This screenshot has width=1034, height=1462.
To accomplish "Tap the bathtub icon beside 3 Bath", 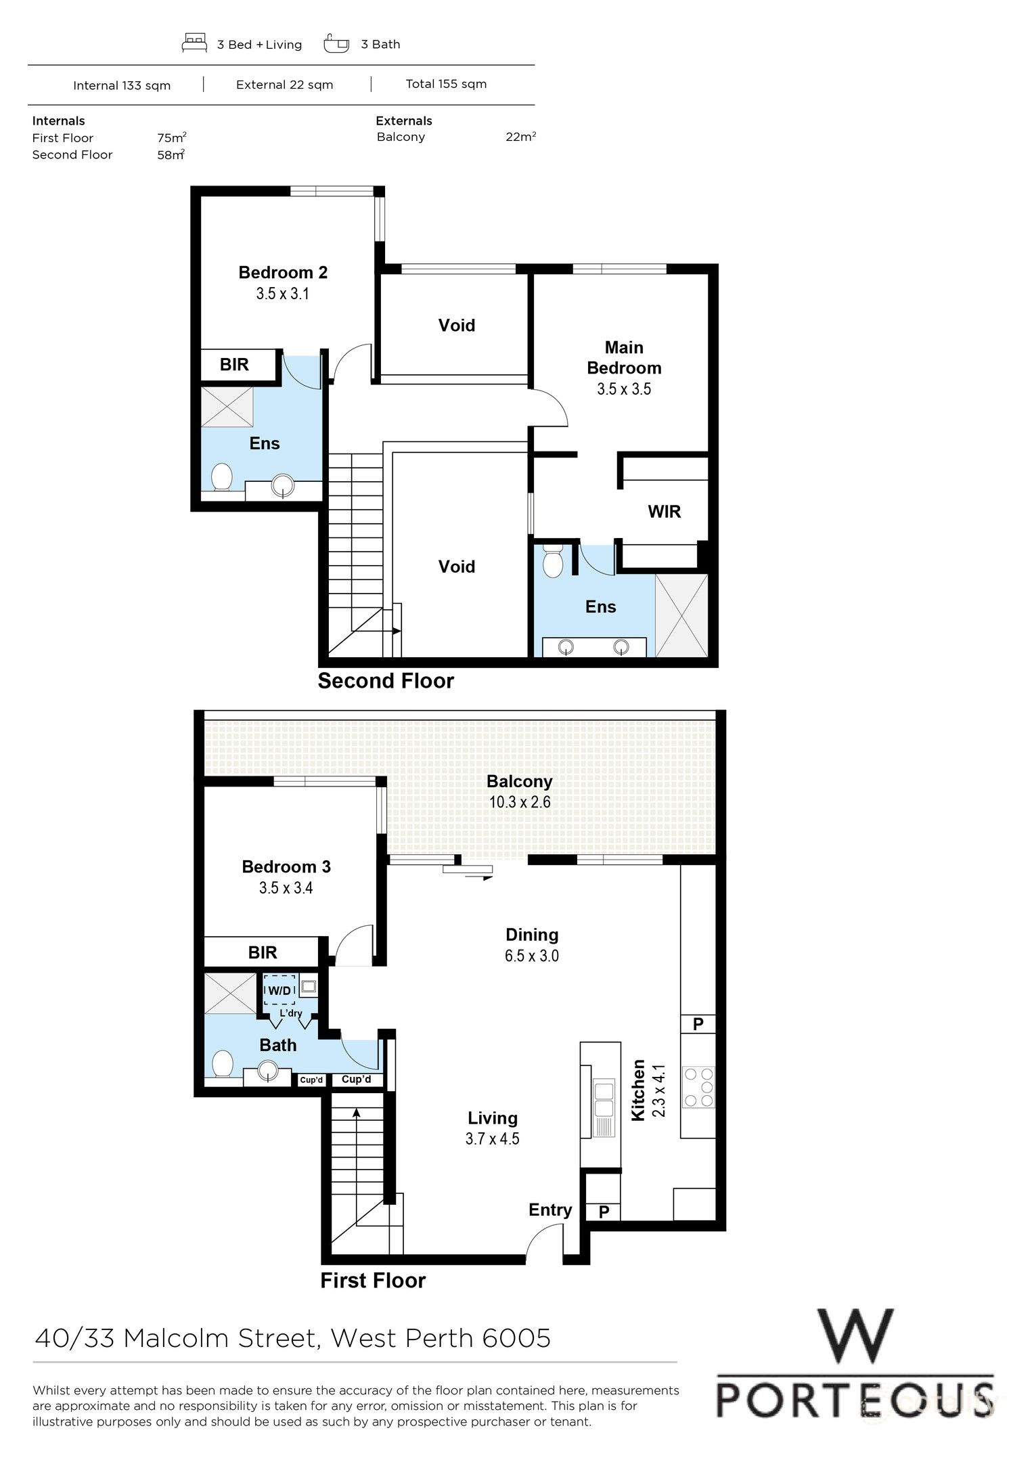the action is tap(336, 43).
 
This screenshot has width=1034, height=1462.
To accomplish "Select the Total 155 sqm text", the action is tap(446, 84).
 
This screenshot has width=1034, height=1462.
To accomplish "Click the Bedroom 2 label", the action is tap(283, 272).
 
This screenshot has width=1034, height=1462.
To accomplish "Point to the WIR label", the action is tap(664, 512).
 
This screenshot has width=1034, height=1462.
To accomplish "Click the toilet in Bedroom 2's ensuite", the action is tap(221, 477).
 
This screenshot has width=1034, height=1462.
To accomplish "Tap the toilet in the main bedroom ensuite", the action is tap(553, 561).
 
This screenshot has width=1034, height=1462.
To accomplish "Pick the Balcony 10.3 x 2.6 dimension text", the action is tap(520, 802).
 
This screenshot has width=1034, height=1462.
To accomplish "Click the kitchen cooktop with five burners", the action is tap(699, 1086).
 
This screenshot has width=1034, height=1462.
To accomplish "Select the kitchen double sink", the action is tap(602, 1099).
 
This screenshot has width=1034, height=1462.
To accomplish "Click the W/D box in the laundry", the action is tap(279, 991).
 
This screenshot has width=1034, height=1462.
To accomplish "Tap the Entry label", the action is tap(550, 1210).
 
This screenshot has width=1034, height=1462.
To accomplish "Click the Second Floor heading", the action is tap(386, 681).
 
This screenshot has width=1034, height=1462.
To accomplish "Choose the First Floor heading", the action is tap(373, 1281).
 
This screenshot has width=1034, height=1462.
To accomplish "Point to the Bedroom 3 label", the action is tap(286, 866).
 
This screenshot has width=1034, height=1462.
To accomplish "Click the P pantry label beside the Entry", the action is tap(604, 1212).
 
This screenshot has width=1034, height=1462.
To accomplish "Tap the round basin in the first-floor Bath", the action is tap(269, 1071).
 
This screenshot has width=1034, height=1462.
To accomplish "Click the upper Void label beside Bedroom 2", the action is tap(457, 326).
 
